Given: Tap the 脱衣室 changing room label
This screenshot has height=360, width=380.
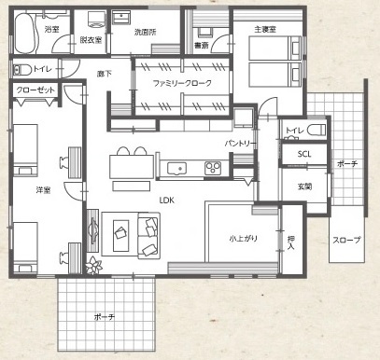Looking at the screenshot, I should point(91,40).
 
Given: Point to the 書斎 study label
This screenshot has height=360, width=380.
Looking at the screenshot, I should point(202,45).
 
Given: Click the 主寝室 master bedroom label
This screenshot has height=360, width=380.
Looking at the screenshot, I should point(265,29).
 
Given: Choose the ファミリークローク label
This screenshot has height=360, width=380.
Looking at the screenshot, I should point(182,83).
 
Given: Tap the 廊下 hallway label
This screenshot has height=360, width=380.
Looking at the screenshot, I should point(105,73).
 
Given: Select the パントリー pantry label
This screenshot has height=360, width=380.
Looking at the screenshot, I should point(240,144).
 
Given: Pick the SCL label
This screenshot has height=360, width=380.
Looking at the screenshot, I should point(304,154).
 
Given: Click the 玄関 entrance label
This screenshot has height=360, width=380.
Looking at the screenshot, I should point(304,187).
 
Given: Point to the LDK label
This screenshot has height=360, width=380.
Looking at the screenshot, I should point(167,200).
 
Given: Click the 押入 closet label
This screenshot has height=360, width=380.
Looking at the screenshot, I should point(290,243).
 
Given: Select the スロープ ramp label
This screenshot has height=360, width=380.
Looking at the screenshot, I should point(345,241).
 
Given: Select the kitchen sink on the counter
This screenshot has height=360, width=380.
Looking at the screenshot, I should point(176,168).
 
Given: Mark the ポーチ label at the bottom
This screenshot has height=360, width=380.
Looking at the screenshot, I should point(105,317).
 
